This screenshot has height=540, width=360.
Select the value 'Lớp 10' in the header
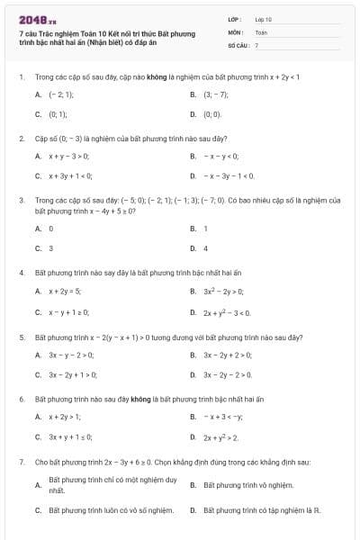click(x=264, y=18)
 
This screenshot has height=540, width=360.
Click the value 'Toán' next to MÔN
click(x=261, y=31)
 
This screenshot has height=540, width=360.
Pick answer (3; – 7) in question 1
click(x=216, y=94)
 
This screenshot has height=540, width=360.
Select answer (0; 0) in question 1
click(x=212, y=114)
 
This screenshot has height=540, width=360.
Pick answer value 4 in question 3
click(x=206, y=248)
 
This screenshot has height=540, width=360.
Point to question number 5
click(x=21, y=336)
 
